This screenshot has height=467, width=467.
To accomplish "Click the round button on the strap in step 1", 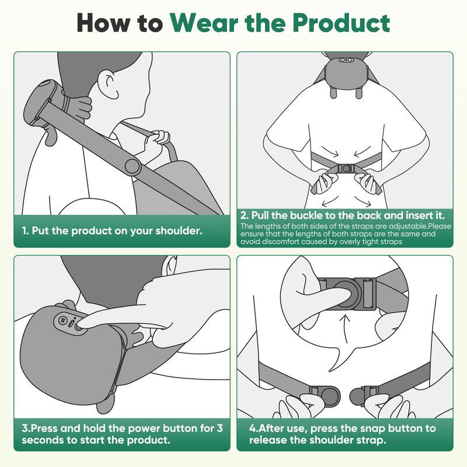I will pyautogui.click(x=133, y=167).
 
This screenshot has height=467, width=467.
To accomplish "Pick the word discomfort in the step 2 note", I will pyautogui.click(x=283, y=242).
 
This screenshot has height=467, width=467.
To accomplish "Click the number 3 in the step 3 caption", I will pyautogui.click(x=219, y=428).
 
